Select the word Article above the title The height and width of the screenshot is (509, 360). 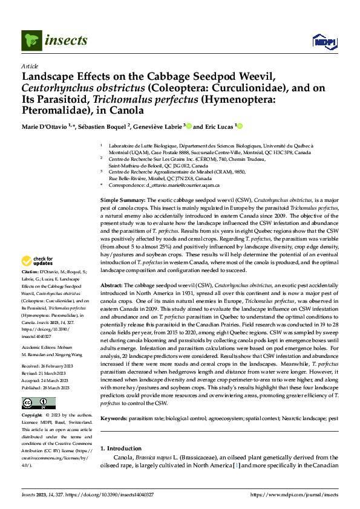coord(29,65)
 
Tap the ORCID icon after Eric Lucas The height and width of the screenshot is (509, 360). coord(240,126)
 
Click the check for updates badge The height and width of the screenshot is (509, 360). coord(38,262)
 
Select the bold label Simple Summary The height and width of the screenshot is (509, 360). coord(122,199)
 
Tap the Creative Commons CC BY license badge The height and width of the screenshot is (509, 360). coord(31,403)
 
